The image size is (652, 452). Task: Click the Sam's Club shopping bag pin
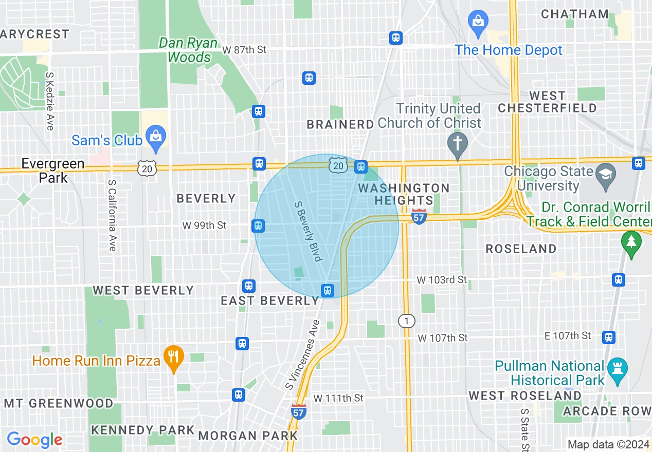point(155,137)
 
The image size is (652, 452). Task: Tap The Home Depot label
point(509,50)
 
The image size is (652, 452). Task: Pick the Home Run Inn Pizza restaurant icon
point(173,357)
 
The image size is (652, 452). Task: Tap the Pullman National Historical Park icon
point(615,370)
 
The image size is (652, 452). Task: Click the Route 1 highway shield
point(406,321)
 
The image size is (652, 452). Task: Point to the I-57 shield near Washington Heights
point(419,217)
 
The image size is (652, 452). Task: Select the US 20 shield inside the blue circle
point(337,166)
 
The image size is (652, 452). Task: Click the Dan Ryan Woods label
point(188,50)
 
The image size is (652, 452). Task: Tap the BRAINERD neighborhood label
point(340,125)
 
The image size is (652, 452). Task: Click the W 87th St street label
point(245,50)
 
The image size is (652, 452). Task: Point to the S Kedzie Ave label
point(50,100)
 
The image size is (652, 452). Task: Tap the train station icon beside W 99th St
point(258,225)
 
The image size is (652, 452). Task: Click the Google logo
point(34,440)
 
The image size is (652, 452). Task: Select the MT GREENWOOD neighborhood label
point(59,403)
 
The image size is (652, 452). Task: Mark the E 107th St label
point(568,336)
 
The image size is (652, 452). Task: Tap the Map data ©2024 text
point(608,445)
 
